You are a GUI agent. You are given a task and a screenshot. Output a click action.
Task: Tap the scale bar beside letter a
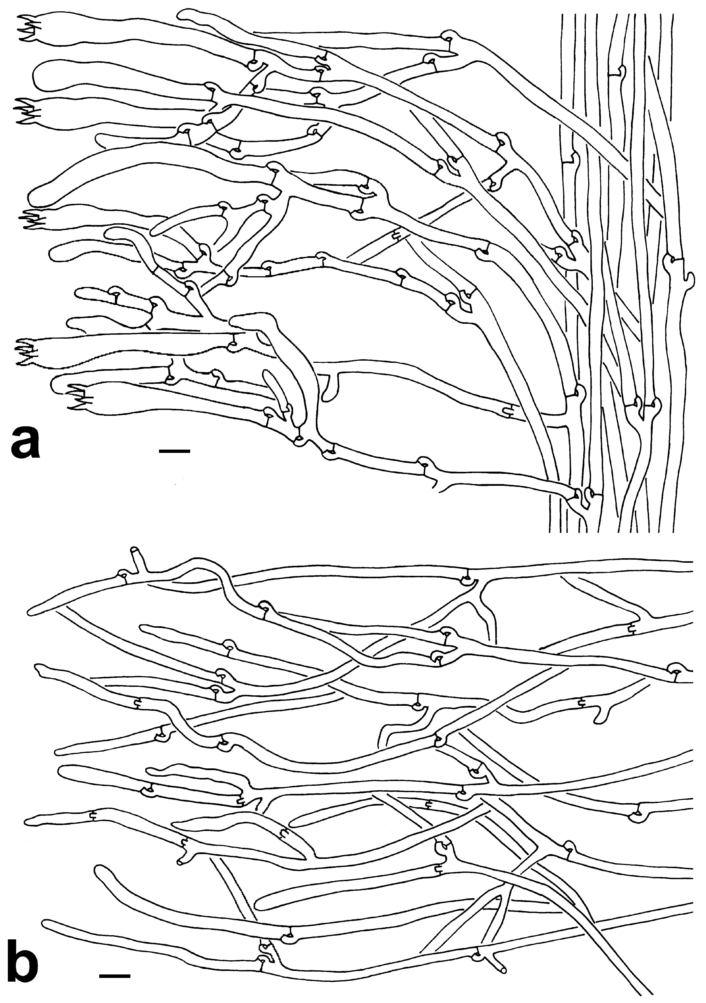coord(174,450)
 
